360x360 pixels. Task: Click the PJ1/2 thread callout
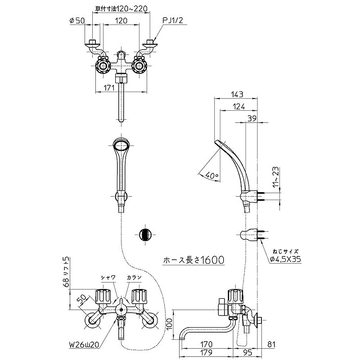[x=173, y=21]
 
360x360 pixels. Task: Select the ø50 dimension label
[x=77, y=21]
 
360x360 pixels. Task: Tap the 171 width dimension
[x=108, y=88]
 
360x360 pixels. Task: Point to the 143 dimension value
[x=237, y=94]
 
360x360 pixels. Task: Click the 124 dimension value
[x=239, y=107]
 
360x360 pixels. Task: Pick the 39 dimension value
[x=252, y=118]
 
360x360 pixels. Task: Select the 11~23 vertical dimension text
[x=276, y=176]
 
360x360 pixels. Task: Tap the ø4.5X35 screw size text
[x=285, y=259]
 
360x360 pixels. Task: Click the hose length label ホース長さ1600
[x=193, y=260]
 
